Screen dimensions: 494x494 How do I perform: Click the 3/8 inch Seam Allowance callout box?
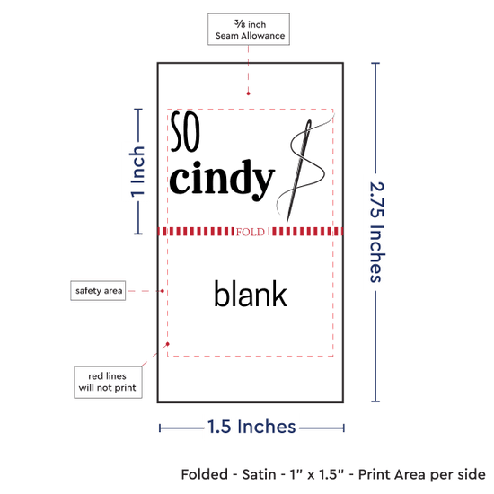tap(249, 29)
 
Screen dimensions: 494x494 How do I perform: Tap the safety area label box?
tap(98, 290)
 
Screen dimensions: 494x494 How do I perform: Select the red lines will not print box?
tap(108, 382)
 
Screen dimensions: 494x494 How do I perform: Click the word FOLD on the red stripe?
tap(251, 233)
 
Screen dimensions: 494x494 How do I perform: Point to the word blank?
tap(251, 294)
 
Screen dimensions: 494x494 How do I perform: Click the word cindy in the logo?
tap(222, 180)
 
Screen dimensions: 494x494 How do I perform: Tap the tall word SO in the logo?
tap(185, 131)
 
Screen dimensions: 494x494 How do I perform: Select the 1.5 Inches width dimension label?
tap(251, 427)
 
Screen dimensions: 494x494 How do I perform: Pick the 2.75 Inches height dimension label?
tap(377, 232)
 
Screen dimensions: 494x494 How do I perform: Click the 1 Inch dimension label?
tap(137, 172)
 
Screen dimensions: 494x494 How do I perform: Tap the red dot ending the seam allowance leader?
tap(248, 93)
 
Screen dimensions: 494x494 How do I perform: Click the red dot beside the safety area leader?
tap(163, 291)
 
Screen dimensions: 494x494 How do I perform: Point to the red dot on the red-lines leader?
tap(168, 344)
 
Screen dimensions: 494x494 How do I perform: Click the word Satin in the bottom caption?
tap(259, 474)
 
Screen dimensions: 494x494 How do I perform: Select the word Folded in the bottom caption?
tap(205, 474)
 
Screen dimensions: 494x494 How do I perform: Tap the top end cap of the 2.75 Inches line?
tap(375, 63)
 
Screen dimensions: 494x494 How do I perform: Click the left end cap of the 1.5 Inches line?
tap(160, 428)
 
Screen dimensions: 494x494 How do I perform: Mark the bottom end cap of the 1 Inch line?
tap(138, 234)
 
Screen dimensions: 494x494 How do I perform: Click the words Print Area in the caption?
tap(393, 474)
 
